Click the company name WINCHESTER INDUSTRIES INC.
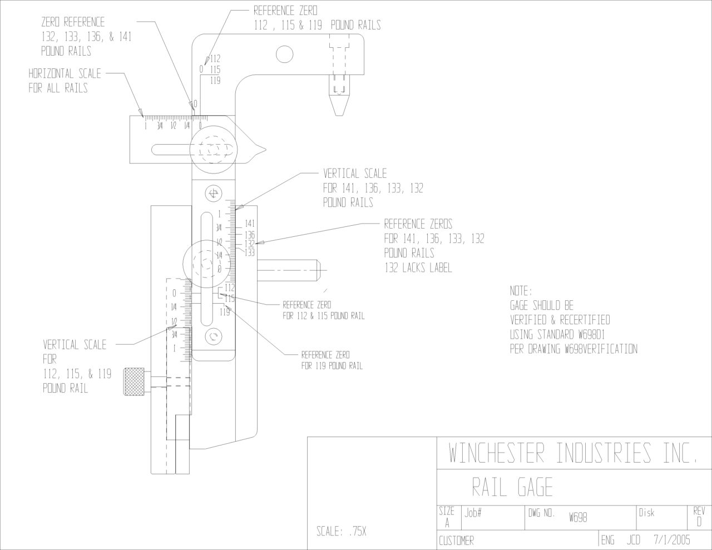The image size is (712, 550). [572, 453]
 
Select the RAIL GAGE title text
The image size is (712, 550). [512, 488]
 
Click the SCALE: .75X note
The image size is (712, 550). [342, 531]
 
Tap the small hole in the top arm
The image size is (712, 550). [284, 54]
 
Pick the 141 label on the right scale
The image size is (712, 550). [250, 224]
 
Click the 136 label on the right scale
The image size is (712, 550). [250, 235]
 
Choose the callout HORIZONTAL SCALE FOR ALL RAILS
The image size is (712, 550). [65, 81]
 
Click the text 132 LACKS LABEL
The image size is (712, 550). [418, 268]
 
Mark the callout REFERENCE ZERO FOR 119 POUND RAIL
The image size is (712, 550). [332, 360]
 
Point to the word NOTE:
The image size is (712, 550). [521, 291]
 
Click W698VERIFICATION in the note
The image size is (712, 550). [601, 349]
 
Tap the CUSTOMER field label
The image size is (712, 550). [456, 541]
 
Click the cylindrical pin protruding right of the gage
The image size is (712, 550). [291, 270]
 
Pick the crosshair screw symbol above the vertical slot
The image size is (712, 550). [213, 194]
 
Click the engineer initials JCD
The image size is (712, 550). [634, 539]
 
